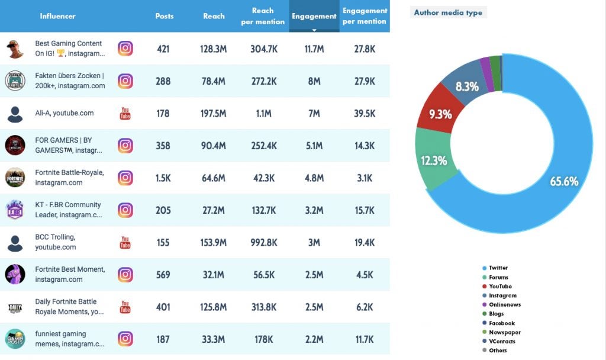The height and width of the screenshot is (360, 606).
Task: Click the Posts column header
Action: [164, 16]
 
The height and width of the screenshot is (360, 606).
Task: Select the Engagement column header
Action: [314, 17]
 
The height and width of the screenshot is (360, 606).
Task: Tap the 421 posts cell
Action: [163, 49]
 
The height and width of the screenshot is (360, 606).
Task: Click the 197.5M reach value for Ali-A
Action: [213, 113]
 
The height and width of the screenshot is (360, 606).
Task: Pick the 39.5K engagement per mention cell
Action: [365, 113]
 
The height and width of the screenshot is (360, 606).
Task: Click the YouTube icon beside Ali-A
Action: [125, 113]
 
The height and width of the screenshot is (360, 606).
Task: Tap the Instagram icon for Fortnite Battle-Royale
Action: [125, 178]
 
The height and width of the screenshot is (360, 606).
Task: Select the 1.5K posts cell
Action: [163, 178]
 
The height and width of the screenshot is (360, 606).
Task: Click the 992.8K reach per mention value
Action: [263, 242]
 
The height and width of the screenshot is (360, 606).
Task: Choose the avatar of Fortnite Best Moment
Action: [15, 274]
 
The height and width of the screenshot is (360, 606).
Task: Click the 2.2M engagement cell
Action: [314, 339]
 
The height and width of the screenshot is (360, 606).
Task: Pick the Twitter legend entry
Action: [498, 268]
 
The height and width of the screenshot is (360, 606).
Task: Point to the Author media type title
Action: [448, 12]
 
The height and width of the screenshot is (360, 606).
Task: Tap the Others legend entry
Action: [498, 351]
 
